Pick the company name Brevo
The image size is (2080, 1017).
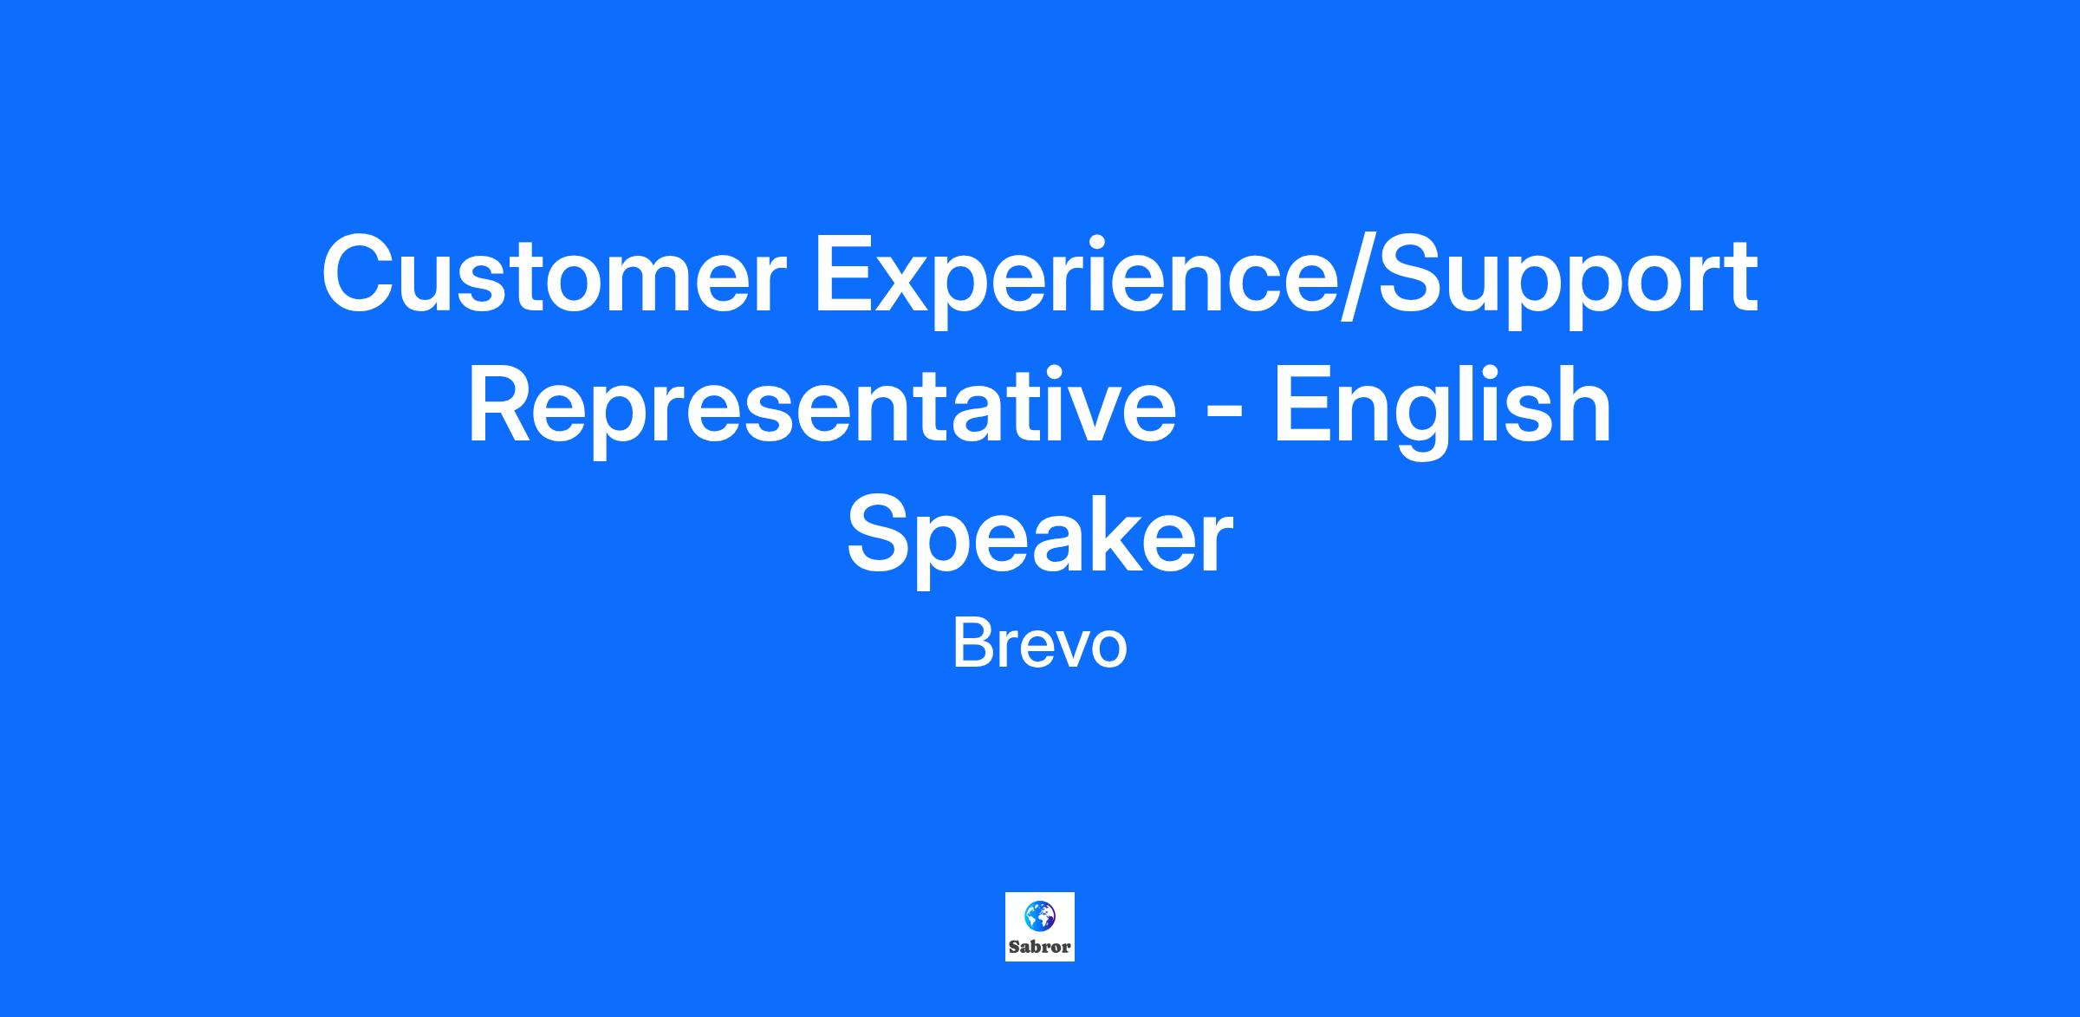click(1039, 645)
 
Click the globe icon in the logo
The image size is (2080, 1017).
click(1039, 915)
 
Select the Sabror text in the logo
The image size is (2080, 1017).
click(1039, 947)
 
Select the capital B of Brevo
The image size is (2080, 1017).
click(971, 643)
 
